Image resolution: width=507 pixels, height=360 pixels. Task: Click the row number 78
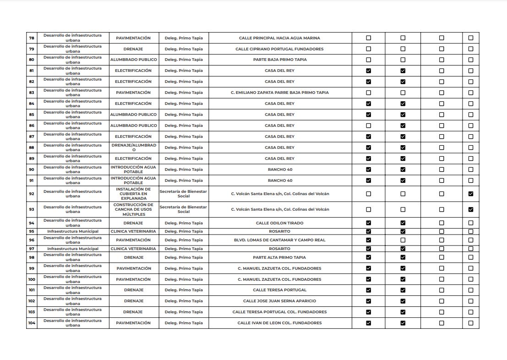[32, 38]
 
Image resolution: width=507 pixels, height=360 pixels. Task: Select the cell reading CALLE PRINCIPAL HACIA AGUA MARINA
[279, 38]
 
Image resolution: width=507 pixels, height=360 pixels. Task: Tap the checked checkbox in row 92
[471, 194]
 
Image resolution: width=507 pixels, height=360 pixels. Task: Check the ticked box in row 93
[471, 209]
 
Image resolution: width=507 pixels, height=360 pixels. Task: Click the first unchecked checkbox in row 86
[368, 125]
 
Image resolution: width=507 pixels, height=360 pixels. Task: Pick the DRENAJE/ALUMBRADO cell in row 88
[134, 147]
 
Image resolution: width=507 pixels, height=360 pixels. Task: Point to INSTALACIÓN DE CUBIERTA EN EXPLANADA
[134, 194]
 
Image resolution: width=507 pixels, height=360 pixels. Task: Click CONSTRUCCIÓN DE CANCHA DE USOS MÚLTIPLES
[134, 209]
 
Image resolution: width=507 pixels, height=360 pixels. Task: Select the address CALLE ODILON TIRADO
[279, 223]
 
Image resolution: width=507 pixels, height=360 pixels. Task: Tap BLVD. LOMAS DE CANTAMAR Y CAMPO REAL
[279, 240]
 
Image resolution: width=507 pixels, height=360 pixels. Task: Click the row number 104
[32, 323]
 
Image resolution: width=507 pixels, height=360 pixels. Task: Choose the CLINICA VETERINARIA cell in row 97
[134, 249]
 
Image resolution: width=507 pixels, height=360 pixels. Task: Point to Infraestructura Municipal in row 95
[73, 231]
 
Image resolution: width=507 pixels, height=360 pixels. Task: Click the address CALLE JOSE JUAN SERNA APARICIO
[279, 301]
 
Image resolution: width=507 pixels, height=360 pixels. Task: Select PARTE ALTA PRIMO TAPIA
[279, 257]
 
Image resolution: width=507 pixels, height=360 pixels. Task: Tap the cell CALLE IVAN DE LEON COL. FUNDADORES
[279, 323]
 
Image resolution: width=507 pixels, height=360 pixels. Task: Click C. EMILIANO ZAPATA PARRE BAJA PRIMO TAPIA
[279, 93]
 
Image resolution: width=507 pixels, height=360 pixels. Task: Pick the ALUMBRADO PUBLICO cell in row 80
[134, 60]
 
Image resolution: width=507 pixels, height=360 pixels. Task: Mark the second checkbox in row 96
[403, 240]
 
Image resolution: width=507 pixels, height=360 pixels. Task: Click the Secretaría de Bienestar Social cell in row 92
[184, 194]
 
